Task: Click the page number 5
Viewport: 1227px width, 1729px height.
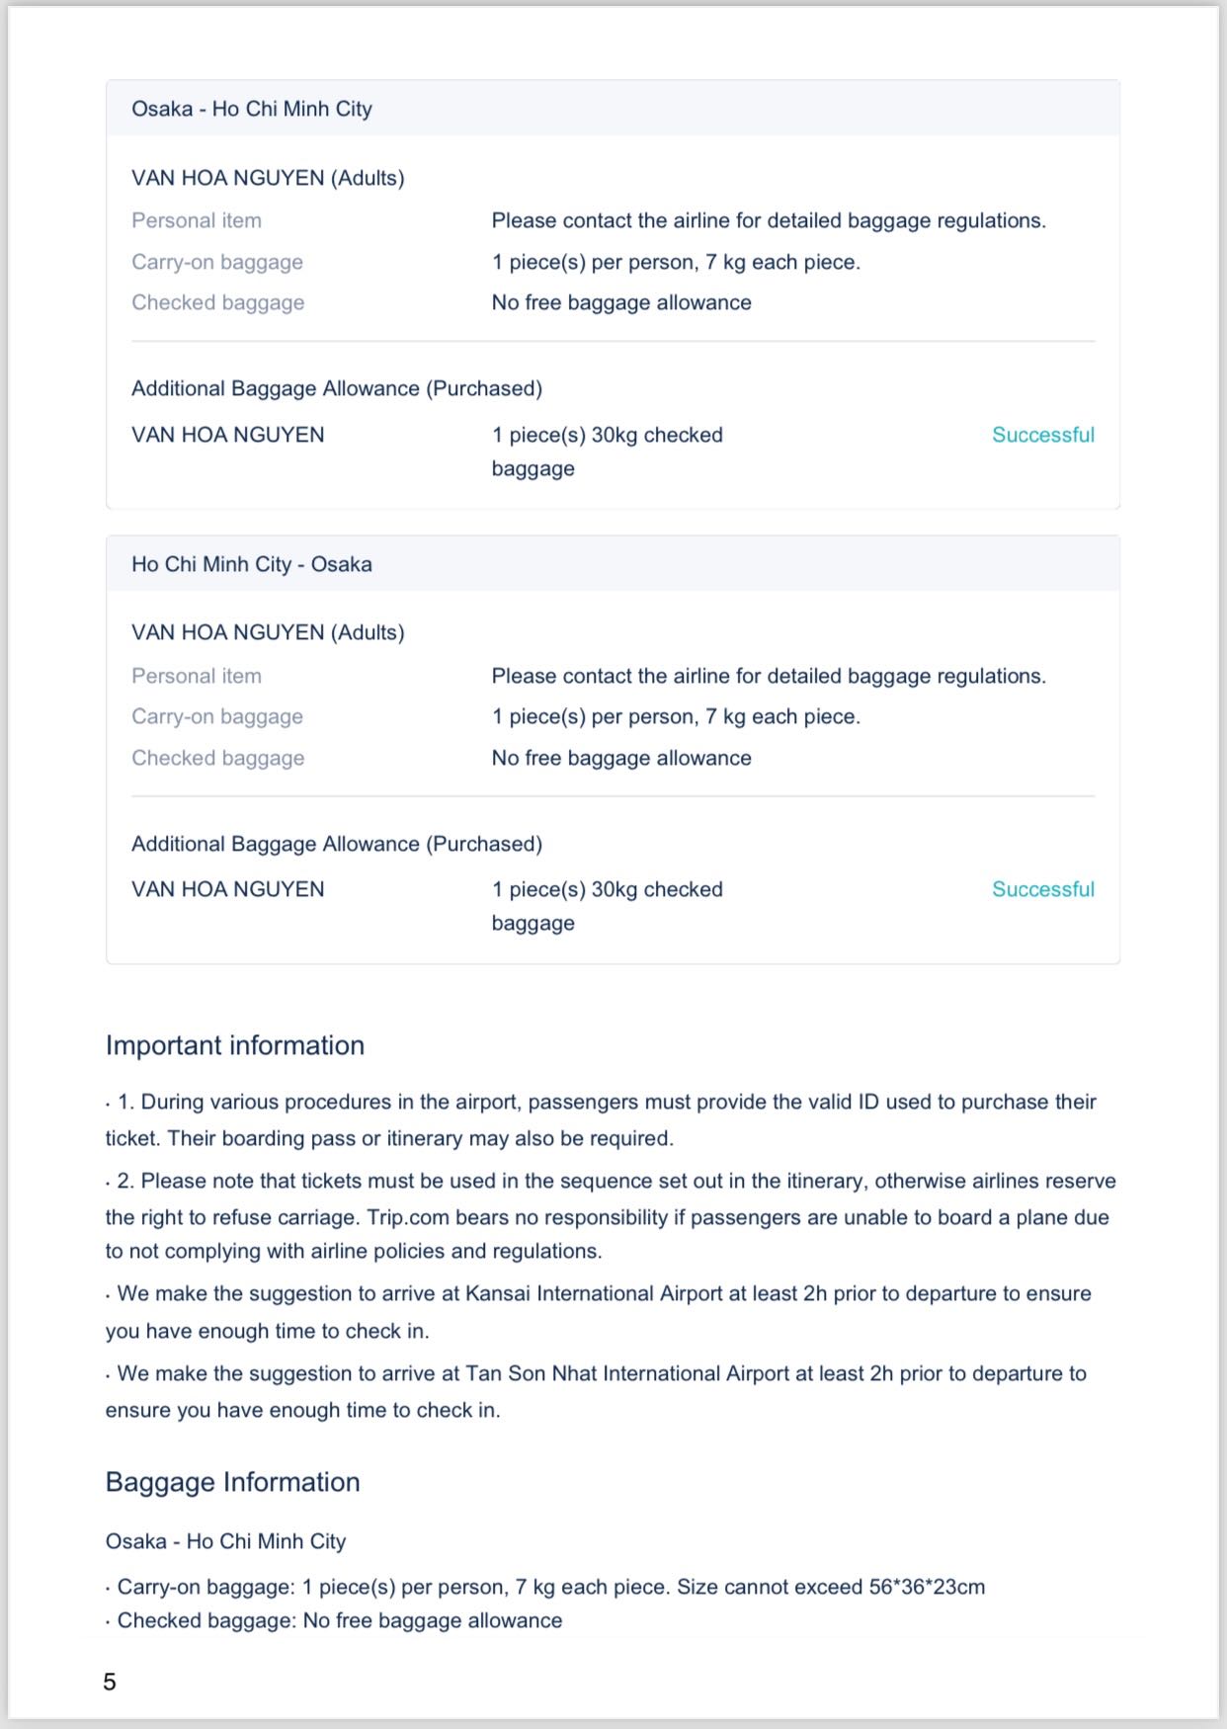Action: [x=110, y=1682]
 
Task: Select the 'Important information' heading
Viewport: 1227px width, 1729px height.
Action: [x=235, y=1045]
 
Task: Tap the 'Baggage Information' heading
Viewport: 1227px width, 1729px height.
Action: [x=233, y=1482]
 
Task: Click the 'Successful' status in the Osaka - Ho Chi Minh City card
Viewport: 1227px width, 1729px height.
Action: [x=1042, y=435]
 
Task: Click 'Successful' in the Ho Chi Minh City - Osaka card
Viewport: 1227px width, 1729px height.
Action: [x=1042, y=889]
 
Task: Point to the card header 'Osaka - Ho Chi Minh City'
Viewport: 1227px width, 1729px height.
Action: [x=252, y=109]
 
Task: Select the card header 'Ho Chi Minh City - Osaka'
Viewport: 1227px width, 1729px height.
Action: [x=252, y=564]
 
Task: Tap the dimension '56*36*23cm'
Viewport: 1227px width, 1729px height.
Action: [x=927, y=1587]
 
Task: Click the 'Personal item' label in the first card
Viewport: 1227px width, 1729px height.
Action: [x=197, y=220]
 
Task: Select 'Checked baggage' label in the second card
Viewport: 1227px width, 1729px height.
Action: [x=218, y=758]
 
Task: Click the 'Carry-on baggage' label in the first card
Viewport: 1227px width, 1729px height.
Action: [x=217, y=262]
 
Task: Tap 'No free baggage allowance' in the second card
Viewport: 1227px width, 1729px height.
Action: [x=621, y=758]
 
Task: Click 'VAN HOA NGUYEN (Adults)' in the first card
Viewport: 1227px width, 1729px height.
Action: [x=268, y=178]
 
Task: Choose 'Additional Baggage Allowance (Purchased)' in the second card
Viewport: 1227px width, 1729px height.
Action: [x=337, y=844]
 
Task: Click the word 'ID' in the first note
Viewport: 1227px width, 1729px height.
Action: [x=867, y=1102]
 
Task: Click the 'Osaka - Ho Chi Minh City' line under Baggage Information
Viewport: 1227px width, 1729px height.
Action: [x=226, y=1541]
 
